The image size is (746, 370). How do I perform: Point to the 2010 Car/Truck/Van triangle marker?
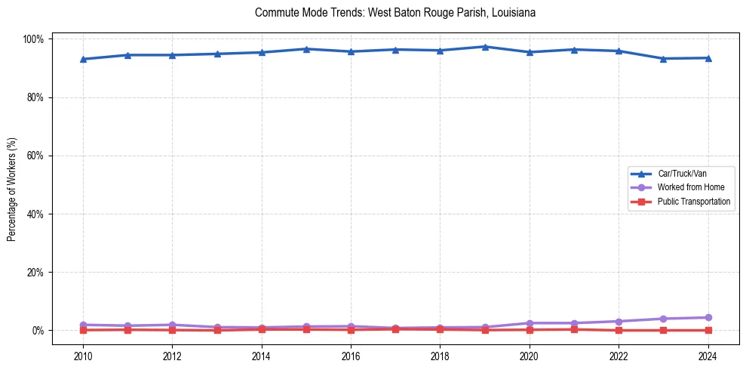(x=83, y=59)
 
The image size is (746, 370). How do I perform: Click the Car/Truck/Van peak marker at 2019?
(x=485, y=47)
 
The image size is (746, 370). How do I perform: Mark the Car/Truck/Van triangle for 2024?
(x=708, y=58)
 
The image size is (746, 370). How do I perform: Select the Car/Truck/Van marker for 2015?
(x=306, y=49)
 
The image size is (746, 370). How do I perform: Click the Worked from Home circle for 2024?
(x=708, y=317)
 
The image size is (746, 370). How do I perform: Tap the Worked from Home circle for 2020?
(x=530, y=323)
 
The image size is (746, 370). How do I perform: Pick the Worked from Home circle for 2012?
(x=172, y=325)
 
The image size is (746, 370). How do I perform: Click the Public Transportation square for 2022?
(x=619, y=330)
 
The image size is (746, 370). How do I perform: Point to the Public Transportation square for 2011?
(x=127, y=329)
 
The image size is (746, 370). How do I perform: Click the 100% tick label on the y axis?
(x=35, y=39)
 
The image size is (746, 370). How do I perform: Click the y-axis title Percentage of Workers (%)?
(x=11, y=185)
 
